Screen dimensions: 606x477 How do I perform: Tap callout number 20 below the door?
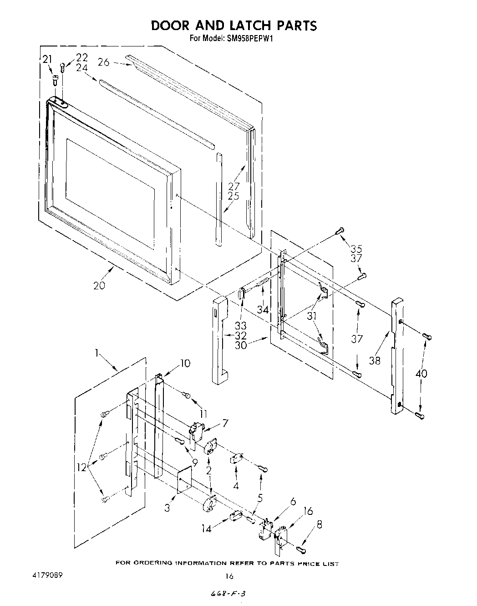[99, 286]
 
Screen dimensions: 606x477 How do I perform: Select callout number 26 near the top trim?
[104, 62]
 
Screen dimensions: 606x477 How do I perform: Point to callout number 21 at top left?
[47, 59]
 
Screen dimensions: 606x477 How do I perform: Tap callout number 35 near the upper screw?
[356, 249]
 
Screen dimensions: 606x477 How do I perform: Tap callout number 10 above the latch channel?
[185, 363]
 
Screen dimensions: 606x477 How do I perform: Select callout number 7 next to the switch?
[225, 423]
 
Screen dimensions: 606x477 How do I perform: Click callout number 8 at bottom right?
[320, 524]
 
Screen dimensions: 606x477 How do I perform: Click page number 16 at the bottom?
[229, 576]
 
